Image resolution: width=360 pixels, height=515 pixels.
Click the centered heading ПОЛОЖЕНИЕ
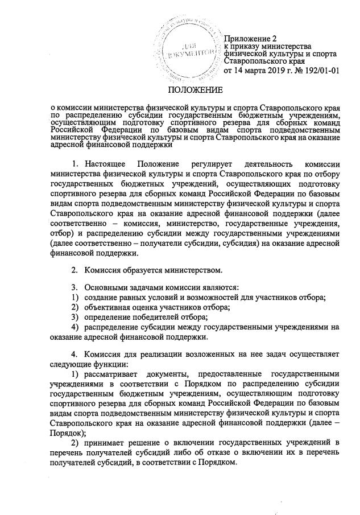click(x=195, y=90)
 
